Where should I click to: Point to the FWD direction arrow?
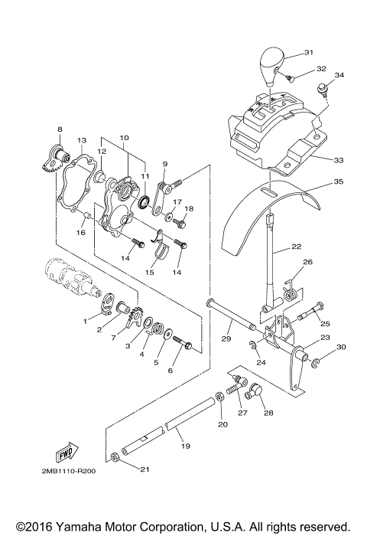coord(70,449)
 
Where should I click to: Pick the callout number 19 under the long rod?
coord(185,445)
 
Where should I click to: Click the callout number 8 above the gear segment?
coord(60,129)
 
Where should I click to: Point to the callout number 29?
coord(226,338)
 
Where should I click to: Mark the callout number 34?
coord(339,75)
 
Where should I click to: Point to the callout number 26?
coord(308,263)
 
